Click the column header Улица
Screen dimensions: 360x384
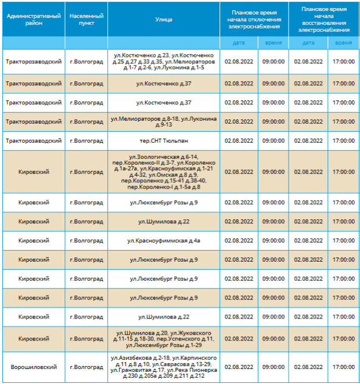(164, 19)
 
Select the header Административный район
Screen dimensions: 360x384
(34, 19)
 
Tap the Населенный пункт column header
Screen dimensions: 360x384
(87, 19)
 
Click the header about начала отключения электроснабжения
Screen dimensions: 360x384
(254, 19)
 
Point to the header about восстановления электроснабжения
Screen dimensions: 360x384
(324, 19)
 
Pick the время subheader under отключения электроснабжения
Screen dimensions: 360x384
(273, 43)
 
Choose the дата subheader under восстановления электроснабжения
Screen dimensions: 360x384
(308, 43)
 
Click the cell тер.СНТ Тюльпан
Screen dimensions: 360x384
(164, 141)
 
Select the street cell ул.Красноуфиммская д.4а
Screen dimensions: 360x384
(164, 241)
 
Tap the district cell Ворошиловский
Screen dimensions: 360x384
(34, 367)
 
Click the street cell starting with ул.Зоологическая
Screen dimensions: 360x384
(164, 172)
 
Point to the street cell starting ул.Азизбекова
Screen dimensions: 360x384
(164, 367)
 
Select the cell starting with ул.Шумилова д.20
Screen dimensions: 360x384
(164, 339)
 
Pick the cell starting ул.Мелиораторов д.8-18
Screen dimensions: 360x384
(164, 122)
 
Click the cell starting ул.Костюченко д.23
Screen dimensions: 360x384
(164, 61)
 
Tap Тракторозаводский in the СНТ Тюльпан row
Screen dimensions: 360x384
(34, 141)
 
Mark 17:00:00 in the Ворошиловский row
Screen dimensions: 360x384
(343, 367)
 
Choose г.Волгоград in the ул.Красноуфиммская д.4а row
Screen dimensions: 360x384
(87, 241)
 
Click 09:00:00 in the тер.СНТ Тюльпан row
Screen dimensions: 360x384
(273, 141)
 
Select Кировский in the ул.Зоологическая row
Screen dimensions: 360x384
(34, 172)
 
